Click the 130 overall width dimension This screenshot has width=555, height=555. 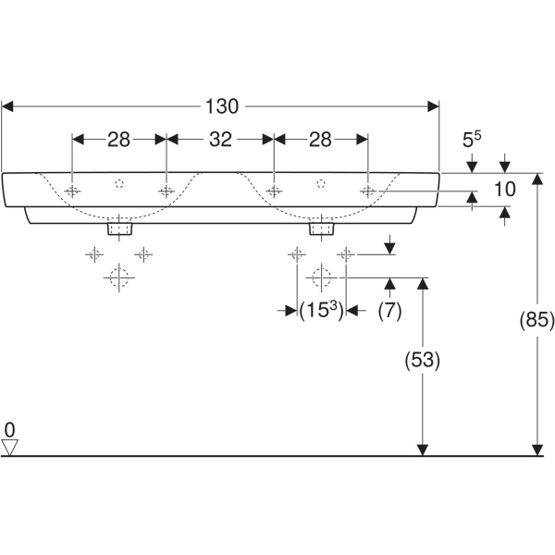221,106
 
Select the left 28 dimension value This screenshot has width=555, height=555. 118,140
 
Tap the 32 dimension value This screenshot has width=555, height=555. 220,140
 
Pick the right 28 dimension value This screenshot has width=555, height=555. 320,140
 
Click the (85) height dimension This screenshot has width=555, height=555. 537,321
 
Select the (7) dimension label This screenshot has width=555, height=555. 389,312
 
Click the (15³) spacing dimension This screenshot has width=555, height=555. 321,312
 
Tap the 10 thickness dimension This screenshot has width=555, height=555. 503,191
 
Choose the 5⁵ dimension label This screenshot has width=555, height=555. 472,140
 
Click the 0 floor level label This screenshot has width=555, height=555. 9,429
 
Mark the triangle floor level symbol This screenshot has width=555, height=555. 10,448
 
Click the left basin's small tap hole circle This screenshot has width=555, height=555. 118,183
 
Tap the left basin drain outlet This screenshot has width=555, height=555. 119,227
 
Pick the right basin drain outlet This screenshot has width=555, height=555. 321,227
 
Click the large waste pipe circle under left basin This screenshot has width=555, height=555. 118,277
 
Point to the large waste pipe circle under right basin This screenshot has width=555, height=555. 320,277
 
